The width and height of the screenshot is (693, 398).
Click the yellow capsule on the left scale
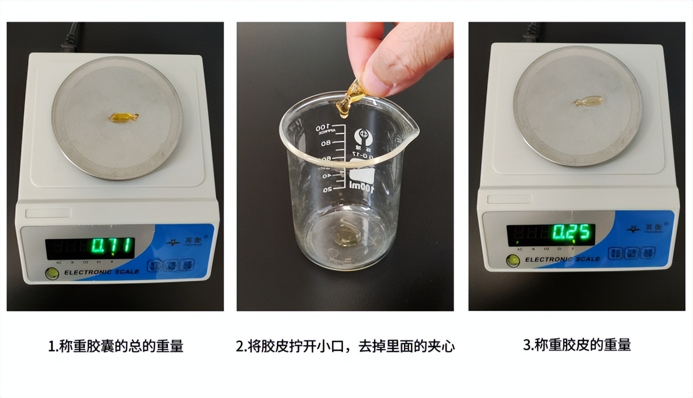pyautogui.click(x=123, y=117)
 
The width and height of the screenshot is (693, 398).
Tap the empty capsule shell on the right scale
pyautogui.click(x=588, y=101)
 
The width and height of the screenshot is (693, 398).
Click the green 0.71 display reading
pyautogui.click(x=113, y=246)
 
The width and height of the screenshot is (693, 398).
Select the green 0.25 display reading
pyautogui.click(x=572, y=232)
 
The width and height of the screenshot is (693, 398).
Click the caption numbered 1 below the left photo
pyautogui.click(x=115, y=346)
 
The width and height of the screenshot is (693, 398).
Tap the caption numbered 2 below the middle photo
pyautogui.click(x=345, y=346)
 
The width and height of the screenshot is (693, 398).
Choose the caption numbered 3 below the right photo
pyautogui.click(x=576, y=344)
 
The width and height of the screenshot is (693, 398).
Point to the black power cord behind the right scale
pyautogui.click(x=532, y=32)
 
